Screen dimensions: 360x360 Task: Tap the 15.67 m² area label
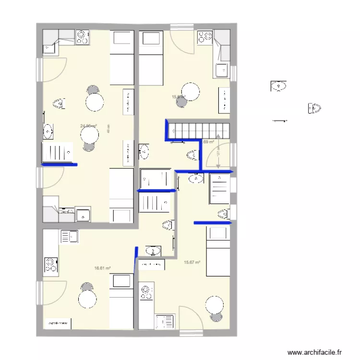coord(192,262)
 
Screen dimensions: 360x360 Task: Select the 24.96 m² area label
coord(88,126)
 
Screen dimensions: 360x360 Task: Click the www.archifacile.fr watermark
coord(316,351)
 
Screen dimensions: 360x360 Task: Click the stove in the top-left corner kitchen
coord(83,37)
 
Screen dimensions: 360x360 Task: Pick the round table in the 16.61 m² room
coord(87,300)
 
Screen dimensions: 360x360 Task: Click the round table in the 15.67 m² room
coord(214,306)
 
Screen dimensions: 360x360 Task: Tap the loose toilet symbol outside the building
coord(314,109)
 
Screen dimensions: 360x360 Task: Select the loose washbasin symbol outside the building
coord(278,86)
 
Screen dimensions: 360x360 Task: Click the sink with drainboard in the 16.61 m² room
coord(70,236)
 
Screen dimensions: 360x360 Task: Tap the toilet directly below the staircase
coord(192,155)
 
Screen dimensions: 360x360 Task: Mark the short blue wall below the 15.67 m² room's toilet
coord(213,223)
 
